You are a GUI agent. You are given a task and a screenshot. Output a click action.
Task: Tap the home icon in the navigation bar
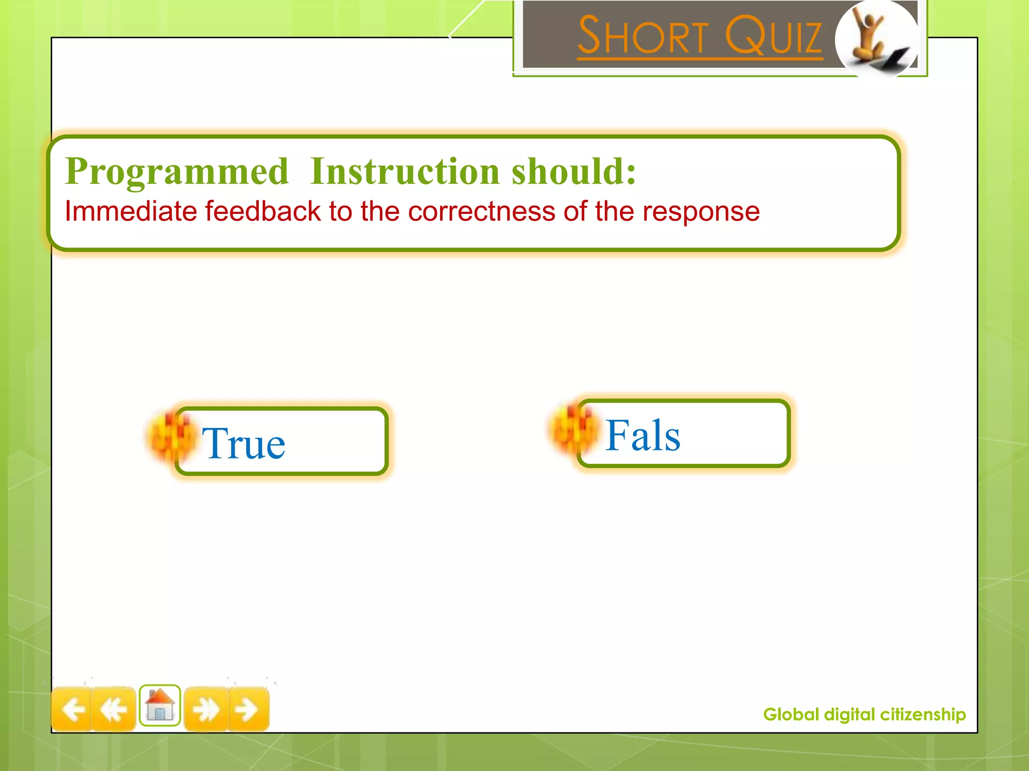[160, 705]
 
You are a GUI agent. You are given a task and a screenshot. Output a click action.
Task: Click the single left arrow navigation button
[73, 709]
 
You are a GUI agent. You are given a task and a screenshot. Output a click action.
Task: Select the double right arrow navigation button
[206, 709]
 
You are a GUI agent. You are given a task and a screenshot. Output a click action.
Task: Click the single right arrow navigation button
[248, 709]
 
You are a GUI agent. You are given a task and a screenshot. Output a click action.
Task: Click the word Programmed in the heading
[177, 172]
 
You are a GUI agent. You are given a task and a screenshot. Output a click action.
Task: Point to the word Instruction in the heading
[404, 172]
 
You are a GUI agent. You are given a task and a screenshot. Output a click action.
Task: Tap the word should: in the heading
[574, 172]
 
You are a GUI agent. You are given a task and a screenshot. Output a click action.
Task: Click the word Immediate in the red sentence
[131, 211]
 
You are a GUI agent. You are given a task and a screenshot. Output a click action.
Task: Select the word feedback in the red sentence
[262, 211]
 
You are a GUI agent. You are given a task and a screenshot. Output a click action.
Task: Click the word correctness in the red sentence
[481, 211]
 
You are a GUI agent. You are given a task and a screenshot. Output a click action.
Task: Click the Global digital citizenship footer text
[864, 714]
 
